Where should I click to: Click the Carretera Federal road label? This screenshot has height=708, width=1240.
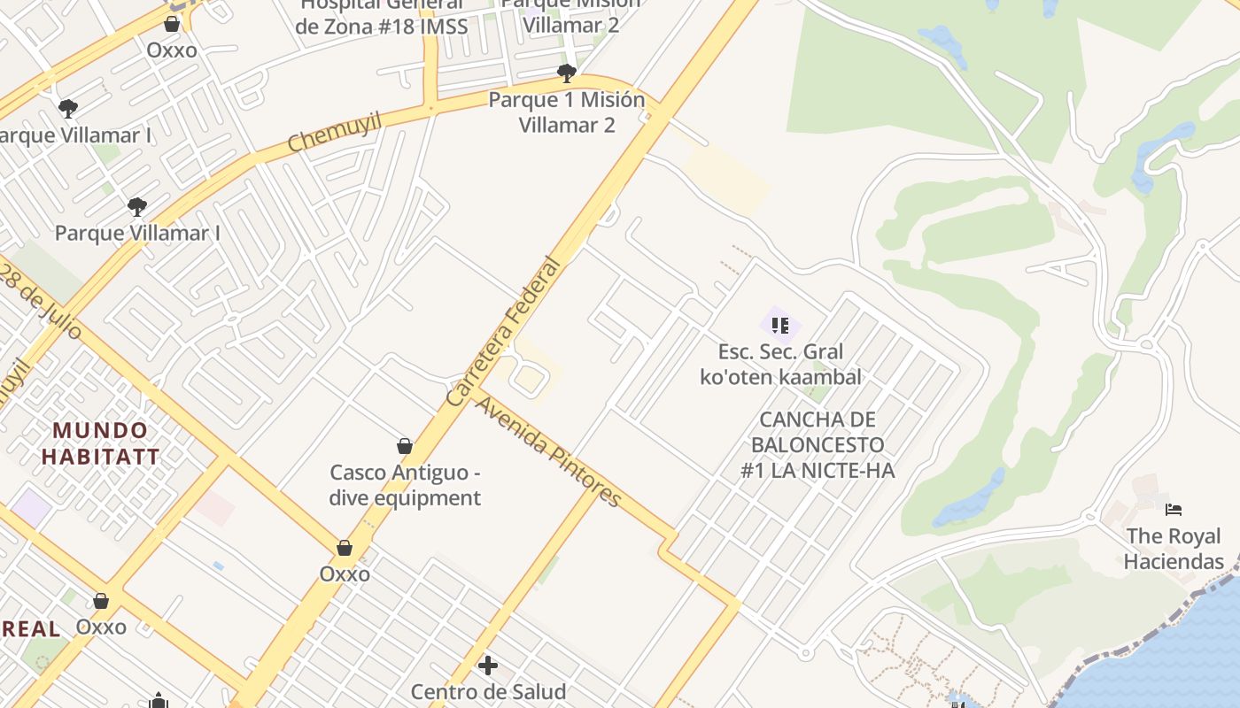(x=505, y=332)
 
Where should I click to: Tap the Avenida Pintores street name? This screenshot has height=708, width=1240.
(x=549, y=452)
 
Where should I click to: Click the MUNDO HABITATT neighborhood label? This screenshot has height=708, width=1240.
(x=100, y=444)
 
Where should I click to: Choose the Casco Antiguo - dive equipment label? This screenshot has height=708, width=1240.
(x=405, y=485)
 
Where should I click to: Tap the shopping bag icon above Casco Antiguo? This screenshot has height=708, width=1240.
(x=405, y=446)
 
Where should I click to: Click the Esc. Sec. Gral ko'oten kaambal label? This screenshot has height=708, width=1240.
(x=780, y=365)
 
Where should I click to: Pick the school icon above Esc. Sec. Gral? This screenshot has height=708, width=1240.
(x=779, y=325)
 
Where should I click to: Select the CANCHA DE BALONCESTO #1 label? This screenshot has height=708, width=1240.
(x=818, y=444)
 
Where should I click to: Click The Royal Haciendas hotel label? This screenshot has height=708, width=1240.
(x=1174, y=549)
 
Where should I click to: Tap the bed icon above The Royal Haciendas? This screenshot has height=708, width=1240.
(x=1174, y=510)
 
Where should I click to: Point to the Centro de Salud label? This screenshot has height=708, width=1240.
(x=488, y=690)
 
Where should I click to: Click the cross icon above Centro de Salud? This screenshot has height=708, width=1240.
(x=487, y=665)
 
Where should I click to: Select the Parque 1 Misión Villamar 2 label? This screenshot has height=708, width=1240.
(x=567, y=112)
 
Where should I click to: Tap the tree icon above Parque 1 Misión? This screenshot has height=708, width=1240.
(x=567, y=73)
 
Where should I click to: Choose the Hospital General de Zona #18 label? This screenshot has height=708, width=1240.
(x=381, y=16)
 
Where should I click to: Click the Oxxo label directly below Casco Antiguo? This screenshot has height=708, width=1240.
(x=345, y=573)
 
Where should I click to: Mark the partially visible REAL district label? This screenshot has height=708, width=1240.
(x=31, y=629)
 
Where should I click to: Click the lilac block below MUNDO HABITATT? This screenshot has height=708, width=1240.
(x=32, y=505)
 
